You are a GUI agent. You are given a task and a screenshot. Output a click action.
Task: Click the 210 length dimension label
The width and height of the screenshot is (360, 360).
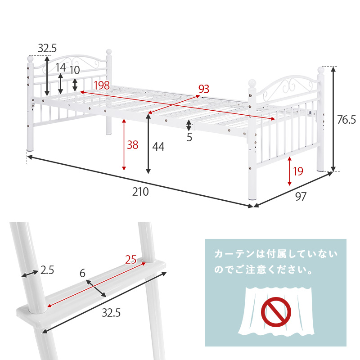(140, 192)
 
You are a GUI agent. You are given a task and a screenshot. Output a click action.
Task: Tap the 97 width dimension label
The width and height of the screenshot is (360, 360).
(301, 196)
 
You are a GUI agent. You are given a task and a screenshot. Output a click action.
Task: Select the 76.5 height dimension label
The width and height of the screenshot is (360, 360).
(346, 119)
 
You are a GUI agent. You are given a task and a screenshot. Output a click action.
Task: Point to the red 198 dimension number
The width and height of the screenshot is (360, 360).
(101, 85)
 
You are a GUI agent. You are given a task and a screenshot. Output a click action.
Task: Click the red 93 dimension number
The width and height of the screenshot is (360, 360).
(204, 89)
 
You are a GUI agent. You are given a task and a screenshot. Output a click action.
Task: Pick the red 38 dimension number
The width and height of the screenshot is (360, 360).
(132, 145)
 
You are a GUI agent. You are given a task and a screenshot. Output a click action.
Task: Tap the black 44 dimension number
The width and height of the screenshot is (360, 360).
(158, 146)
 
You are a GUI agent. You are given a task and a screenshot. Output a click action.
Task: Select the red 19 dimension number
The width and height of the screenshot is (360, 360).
(298, 171)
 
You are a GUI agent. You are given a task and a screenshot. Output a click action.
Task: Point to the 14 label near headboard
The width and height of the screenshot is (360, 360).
(60, 67)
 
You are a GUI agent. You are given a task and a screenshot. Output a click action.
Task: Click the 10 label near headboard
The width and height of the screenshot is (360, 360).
(75, 70)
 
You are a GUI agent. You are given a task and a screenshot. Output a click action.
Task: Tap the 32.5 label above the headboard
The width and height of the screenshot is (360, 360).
(47, 48)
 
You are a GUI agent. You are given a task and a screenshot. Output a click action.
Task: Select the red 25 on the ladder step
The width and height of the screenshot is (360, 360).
(130, 259)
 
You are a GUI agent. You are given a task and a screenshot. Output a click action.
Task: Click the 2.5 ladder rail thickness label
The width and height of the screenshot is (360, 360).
(47, 270)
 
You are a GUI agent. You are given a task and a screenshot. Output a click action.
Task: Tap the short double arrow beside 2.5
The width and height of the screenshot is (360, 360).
(29, 273)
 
